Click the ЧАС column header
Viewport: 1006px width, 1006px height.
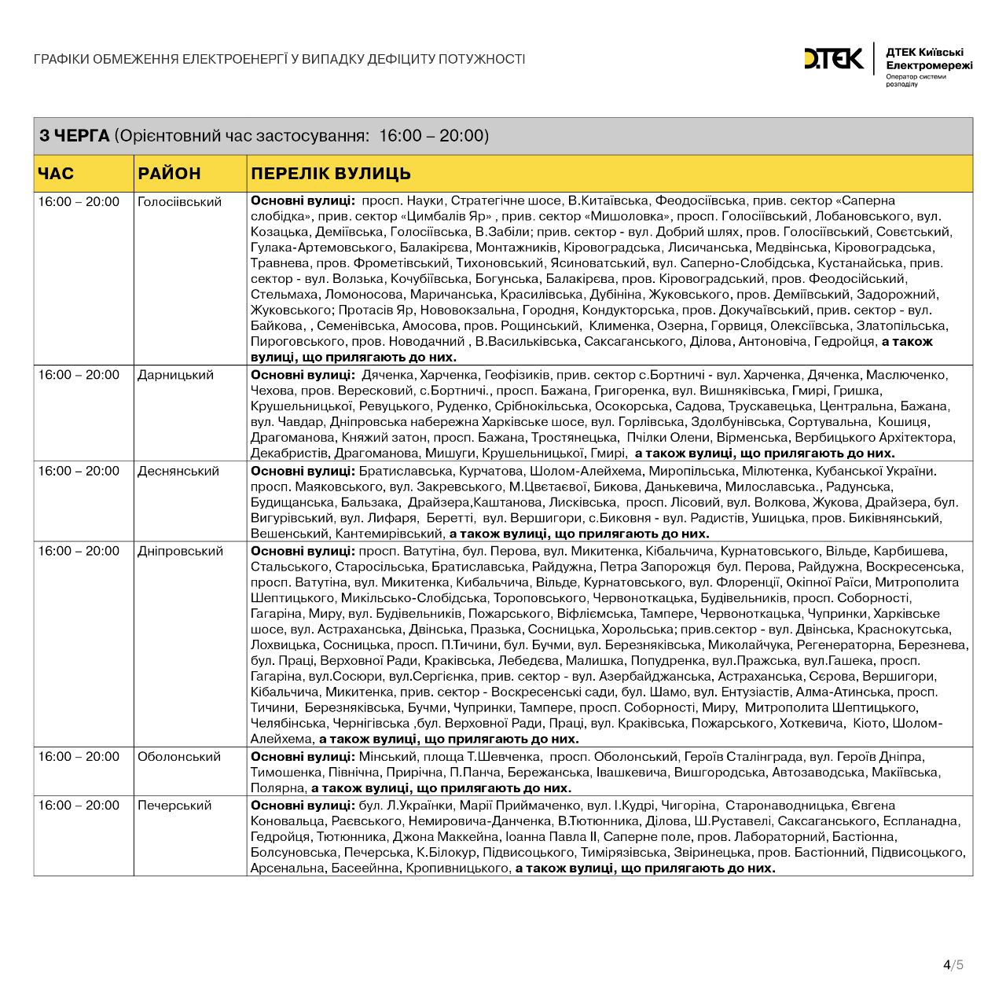[x=56, y=173]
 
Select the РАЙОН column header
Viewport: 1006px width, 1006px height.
[x=169, y=173]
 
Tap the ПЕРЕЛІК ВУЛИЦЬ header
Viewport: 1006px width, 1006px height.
[x=330, y=173]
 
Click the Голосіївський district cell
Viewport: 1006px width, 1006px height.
[x=179, y=202]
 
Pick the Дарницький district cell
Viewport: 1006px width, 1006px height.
[x=175, y=375]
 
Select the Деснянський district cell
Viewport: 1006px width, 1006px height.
[x=178, y=471]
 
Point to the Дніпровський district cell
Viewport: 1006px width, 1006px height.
[x=180, y=551]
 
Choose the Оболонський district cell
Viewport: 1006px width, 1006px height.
[x=178, y=757]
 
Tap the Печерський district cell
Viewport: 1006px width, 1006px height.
[x=174, y=806]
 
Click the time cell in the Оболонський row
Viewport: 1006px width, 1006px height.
[x=79, y=757]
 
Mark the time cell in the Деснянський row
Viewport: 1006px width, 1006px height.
[x=79, y=471]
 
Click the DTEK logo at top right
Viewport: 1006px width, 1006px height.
[x=833, y=58]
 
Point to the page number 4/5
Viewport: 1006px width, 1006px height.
[x=953, y=964]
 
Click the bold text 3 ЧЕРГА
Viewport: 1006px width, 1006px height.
[x=75, y=136]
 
